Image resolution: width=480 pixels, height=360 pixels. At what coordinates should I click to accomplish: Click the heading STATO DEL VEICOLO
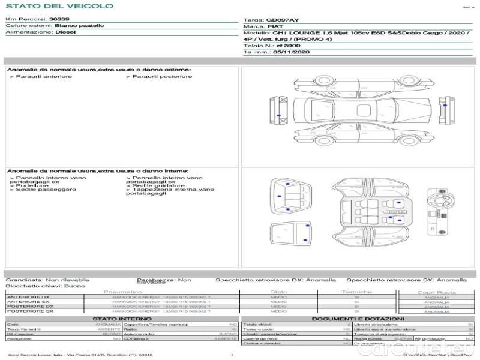pos(59,6)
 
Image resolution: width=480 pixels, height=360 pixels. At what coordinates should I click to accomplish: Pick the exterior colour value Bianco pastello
pos(79,26)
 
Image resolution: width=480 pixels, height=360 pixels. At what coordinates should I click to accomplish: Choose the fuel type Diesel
pos(65,32)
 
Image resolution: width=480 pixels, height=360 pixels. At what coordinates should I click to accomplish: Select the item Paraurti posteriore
pos(161,76)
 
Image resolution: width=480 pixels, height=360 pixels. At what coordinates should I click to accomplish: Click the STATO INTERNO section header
pos(122,319)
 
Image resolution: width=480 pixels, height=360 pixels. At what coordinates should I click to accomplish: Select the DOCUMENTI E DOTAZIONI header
pos(358,319)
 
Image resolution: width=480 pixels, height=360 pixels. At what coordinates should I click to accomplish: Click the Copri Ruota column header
pos(437,292)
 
